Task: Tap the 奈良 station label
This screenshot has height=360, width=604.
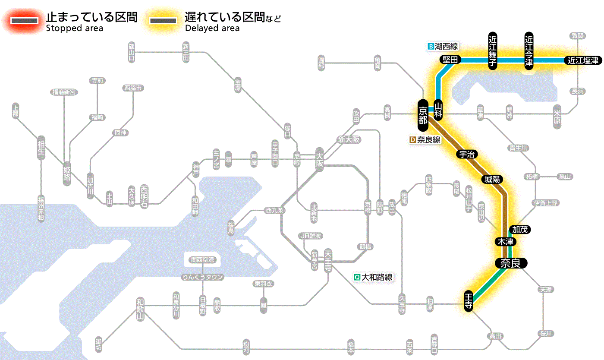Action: click(x=510, y=263)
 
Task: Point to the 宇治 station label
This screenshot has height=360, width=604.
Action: click(x=467, y=155)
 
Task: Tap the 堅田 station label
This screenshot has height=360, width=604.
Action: click(x=450, y=60)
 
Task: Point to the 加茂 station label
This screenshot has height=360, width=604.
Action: click(x=520, y=229)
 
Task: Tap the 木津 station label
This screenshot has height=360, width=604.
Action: click(x=505, y=242)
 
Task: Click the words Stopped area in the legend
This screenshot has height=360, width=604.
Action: click(x=75, y=28)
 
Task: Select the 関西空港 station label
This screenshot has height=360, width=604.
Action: click(x=203, y=260)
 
